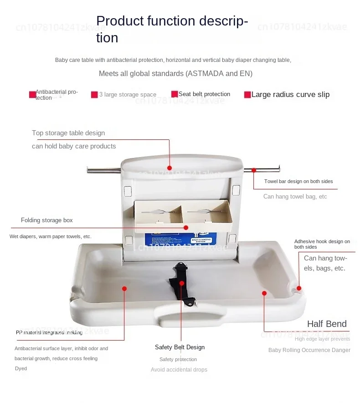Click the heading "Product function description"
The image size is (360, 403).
click(172, 29)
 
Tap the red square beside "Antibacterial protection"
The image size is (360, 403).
click(32, 95)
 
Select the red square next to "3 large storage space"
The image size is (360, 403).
click(94, 95)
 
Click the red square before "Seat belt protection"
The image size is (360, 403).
click(175, 94)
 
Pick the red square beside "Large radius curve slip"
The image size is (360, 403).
click(247, 95)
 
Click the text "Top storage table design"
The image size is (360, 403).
click(68, 133)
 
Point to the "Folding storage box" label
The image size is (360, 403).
click(47, 220)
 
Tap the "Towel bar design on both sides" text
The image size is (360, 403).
click(298, 181)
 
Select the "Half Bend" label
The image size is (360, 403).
click(327, 324)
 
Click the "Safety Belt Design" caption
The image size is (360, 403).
click(180, 347)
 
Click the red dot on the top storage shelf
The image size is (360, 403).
click(170, 168)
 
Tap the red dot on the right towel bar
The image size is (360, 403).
click(254, 170)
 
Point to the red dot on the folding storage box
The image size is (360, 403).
click(186, 227)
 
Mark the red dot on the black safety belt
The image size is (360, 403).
click(182, 283)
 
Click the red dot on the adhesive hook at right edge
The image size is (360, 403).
click(299, 288)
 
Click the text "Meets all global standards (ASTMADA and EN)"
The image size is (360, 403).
click(175, 74)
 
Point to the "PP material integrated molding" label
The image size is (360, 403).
click(49, 332)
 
